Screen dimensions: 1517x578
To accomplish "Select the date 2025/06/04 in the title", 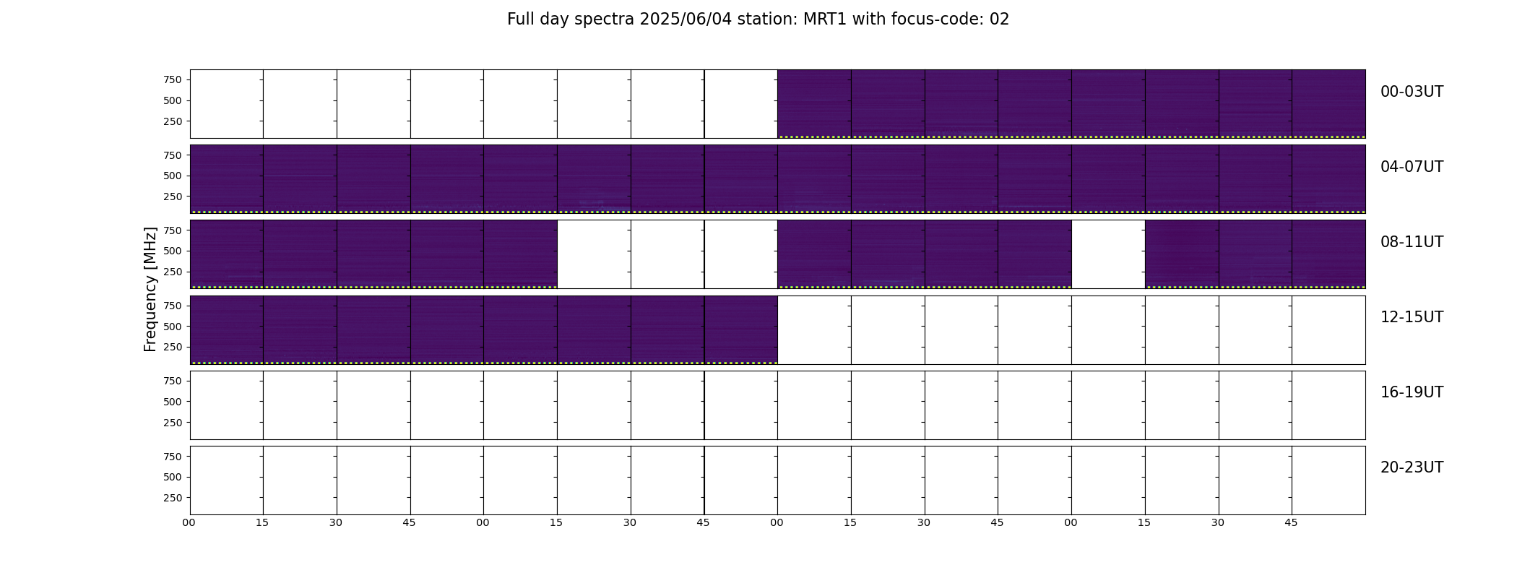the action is click(685, 20).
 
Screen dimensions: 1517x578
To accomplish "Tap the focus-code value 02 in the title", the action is click(999, 20).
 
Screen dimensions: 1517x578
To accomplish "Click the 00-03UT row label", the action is click(1412, 92).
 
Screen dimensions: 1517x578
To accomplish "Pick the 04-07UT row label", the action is click(1412, 167).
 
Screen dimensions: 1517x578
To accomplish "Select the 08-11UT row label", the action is click(1412, 242).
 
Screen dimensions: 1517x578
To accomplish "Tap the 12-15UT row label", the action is click(1412, 317).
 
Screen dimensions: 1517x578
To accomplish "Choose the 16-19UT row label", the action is click(1412, 392).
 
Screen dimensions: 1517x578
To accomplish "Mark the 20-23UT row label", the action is click(1412, 467).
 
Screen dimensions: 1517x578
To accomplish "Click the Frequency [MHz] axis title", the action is click(150, 290).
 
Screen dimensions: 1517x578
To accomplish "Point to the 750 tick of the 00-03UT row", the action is click(173, 79).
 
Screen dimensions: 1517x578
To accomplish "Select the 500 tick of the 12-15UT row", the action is click(173, 327).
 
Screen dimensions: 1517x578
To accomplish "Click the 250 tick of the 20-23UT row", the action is click(173, 498).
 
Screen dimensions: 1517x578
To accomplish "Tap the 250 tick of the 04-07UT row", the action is click(173, 197).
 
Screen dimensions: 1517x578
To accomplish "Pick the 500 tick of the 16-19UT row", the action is click(173, 402).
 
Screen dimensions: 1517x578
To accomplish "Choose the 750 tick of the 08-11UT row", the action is click(173, 230).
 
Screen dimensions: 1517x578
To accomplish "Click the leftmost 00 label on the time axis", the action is click(189, 523).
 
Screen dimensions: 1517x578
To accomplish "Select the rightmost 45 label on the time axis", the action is click(1291, 523).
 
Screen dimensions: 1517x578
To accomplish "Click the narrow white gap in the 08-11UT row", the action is click(1108, 254).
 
